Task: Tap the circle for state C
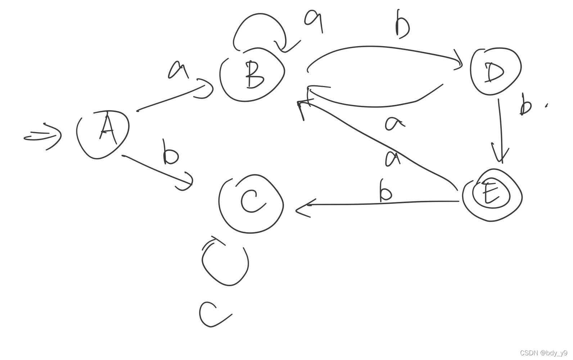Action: point(251,203)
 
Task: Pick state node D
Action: point(496,71)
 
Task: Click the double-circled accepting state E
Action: point(492,195)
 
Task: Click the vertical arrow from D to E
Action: point(500,130)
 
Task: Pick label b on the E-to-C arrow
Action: point(385,191)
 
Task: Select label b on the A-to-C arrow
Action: point(170,153)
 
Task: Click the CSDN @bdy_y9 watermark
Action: point(543,353)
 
